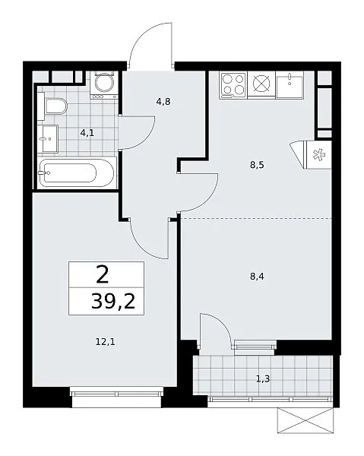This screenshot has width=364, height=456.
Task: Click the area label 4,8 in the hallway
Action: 163,102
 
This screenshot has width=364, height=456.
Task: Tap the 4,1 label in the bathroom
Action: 87,133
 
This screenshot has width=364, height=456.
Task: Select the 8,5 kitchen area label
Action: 257,165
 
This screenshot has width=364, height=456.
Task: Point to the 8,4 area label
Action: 257,277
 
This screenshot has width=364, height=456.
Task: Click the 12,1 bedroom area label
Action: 105,342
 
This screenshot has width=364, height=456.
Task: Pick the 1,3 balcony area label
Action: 263,378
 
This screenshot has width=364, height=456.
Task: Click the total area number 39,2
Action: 113,301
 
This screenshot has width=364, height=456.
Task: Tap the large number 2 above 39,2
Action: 103,275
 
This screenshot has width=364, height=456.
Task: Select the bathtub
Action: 76,173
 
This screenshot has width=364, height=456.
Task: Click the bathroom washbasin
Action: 48,139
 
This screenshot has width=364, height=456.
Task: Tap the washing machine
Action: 104,85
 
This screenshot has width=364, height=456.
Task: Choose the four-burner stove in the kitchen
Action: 233,85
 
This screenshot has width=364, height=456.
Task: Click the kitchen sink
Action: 290,85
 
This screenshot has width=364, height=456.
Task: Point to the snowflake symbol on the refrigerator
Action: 318,154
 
